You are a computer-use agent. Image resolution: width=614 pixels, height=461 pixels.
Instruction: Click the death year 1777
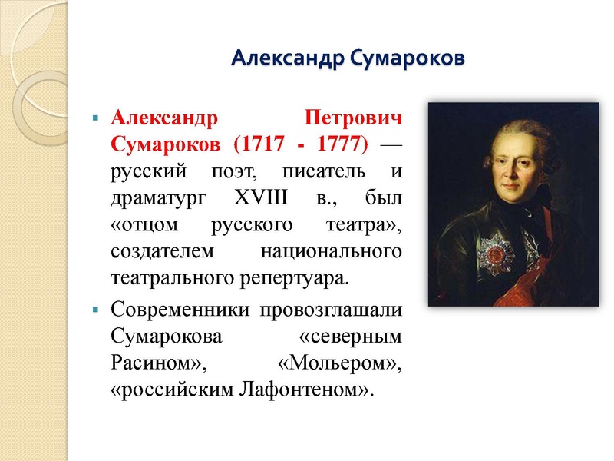[x=340, y=144]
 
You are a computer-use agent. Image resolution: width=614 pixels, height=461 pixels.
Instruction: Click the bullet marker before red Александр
[x=95, y=119]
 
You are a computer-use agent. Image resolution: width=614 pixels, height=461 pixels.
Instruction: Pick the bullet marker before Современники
[x=95, y=310]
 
